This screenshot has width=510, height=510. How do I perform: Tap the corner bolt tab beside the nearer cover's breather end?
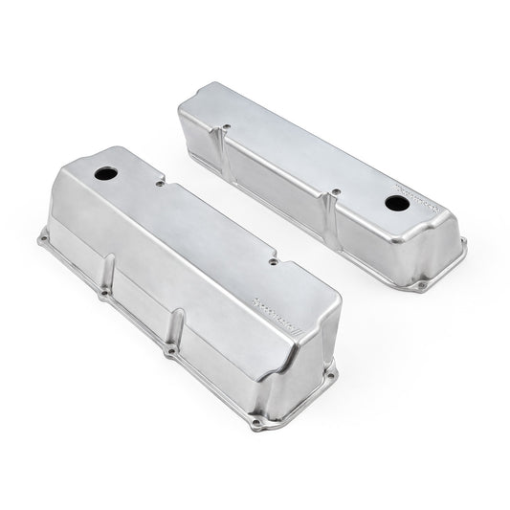click(x=46, y=235)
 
